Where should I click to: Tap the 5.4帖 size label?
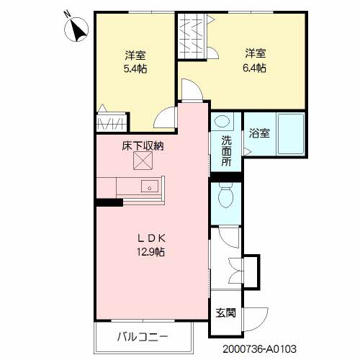tap(135, 69)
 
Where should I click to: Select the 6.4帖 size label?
tap(254, 68)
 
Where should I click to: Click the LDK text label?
tap(152, 238)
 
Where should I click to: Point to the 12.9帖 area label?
tap(150, 252)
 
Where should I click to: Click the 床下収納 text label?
tap(143, 145)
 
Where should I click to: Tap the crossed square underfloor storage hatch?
tap(143, 161)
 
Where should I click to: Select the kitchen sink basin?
tap(150, 186)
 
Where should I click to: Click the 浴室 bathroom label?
tap(259, 133)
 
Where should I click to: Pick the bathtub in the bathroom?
tap(290, 134)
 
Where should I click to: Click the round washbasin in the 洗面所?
tap(222, 121)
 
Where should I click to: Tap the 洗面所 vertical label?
tap(226, 151)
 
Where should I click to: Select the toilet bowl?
tap(226, 195)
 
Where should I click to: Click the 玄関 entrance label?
tap(225, 312)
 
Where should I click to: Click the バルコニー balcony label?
tap(143, 337)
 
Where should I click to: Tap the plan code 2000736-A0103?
tap(259, 349)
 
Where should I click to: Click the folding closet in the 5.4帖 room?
tap(112, 122)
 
